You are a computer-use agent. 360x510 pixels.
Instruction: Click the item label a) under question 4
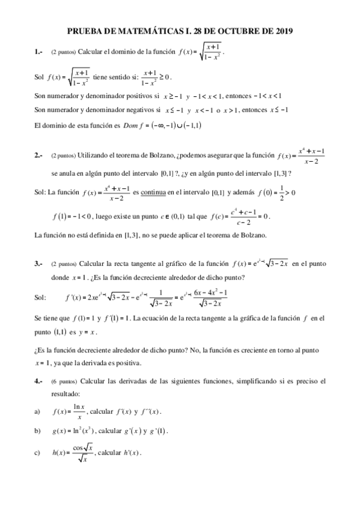pos(38,411)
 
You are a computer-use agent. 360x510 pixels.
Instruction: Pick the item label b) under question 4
pos(38,431)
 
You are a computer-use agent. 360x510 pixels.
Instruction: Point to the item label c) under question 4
pos(38,452)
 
